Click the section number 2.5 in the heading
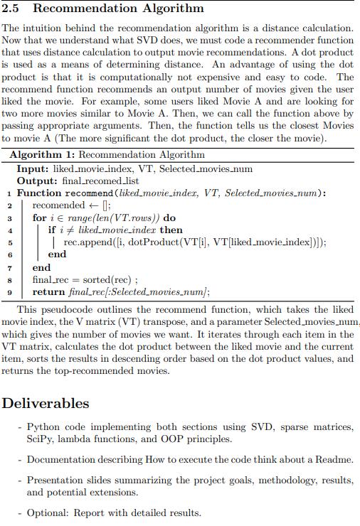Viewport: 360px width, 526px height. (x=12, y=9)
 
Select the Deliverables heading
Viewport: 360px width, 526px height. (x=46, y=403)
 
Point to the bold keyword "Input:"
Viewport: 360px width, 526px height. (x=32, y=168)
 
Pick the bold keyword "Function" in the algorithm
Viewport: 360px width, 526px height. (x=39, y=193)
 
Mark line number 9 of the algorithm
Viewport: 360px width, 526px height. (x=9, y=291)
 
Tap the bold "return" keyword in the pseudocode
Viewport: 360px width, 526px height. (x=48, y=291)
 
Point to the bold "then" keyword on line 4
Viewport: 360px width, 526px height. (x=171, y=230)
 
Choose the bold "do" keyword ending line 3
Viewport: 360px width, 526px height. (x=169, y=218)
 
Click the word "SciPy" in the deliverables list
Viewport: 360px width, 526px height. (x=41, y=439)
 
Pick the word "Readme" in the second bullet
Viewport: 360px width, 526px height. (x=334, y=459)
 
